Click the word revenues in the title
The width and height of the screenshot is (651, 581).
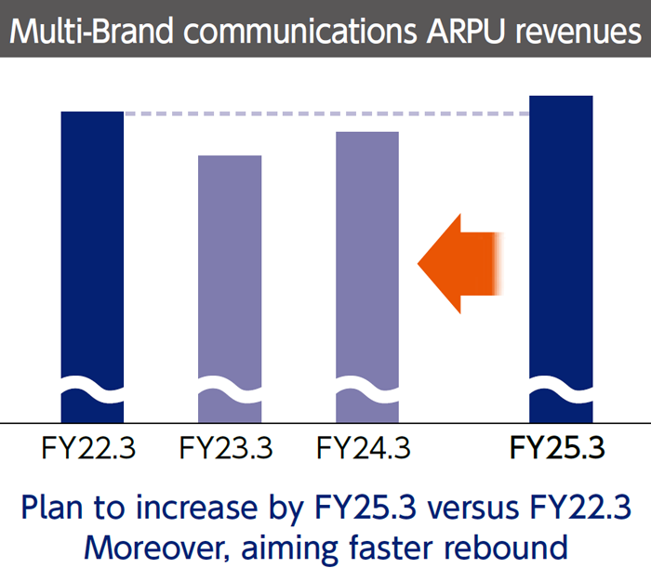578,31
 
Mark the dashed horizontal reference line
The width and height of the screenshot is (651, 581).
325,114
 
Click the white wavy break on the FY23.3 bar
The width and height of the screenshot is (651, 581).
230,388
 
